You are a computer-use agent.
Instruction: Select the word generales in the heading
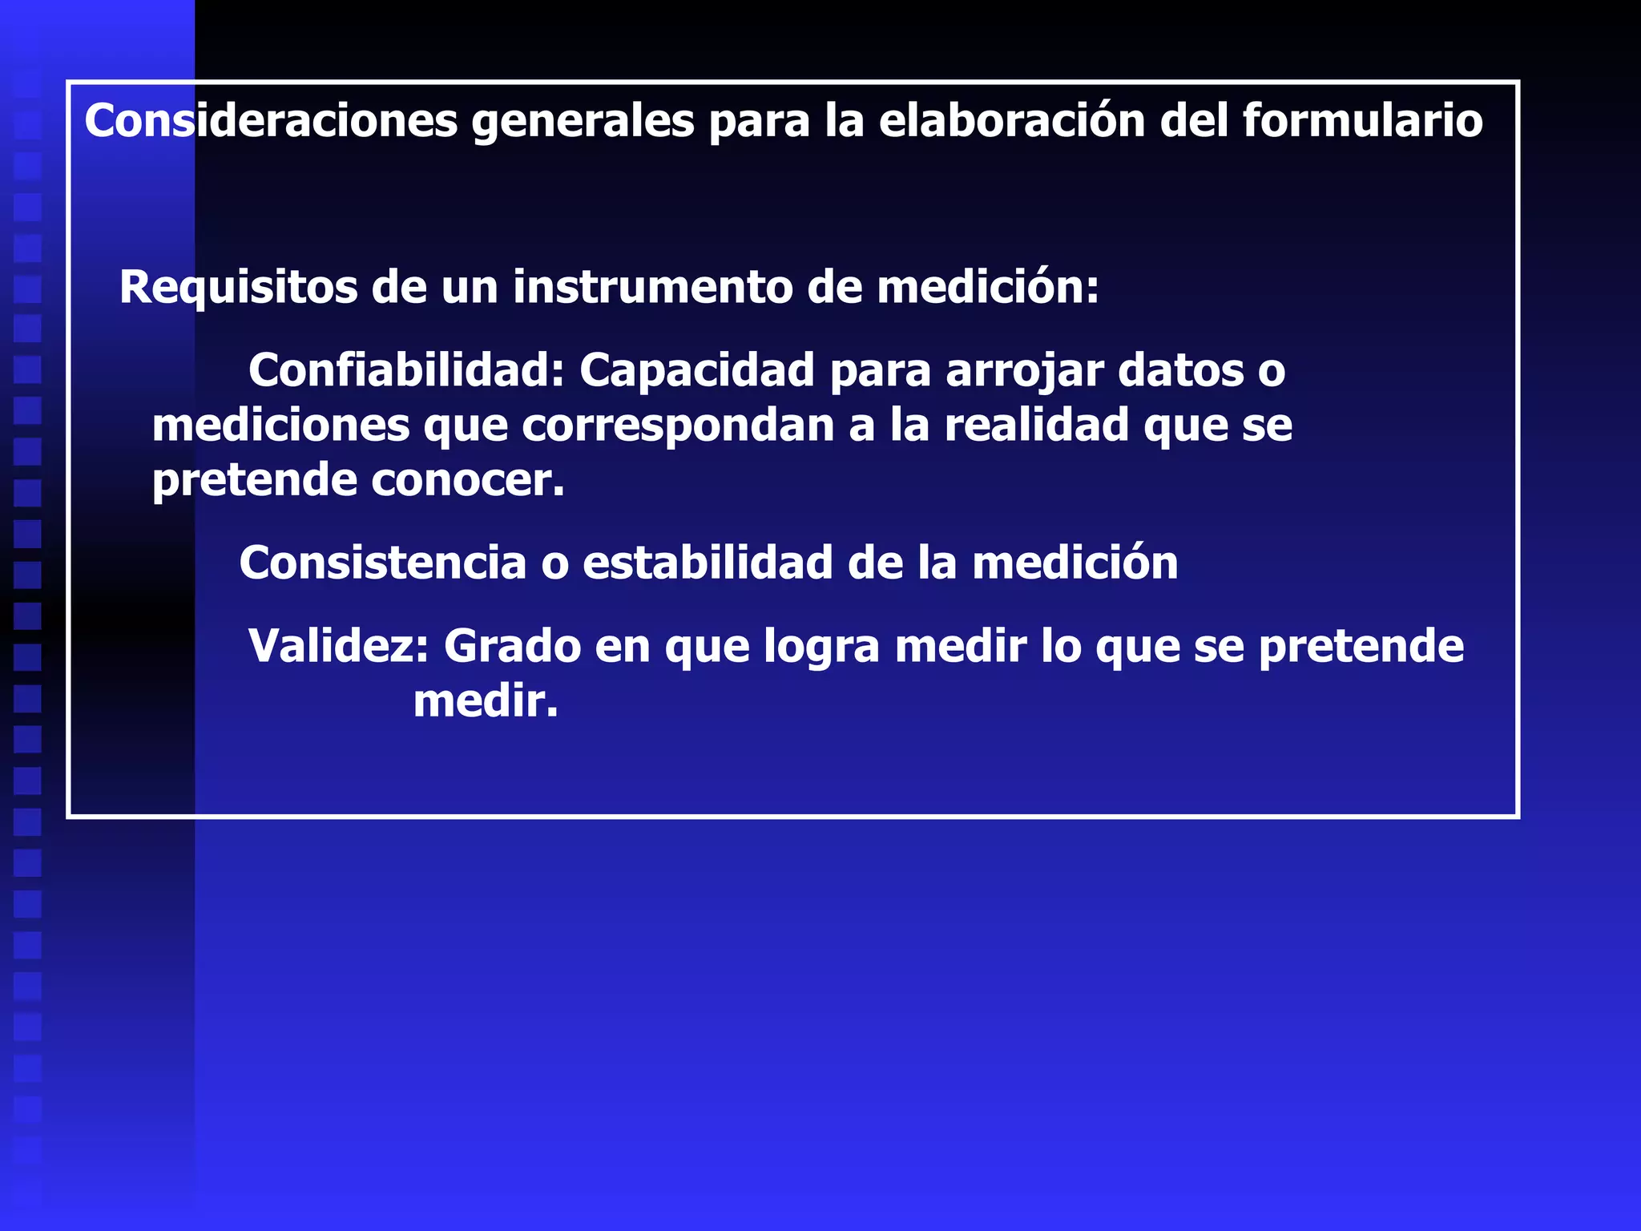[583, 123]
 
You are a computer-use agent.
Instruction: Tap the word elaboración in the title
[1012, 121]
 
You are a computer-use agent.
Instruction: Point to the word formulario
[1362, 121]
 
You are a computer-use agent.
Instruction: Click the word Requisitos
[238, 288]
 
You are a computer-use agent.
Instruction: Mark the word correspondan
[677, 426]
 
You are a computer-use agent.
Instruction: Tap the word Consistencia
[382, 563]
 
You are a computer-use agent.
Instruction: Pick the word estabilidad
[708, 563]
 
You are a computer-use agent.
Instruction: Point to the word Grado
[512, 646]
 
